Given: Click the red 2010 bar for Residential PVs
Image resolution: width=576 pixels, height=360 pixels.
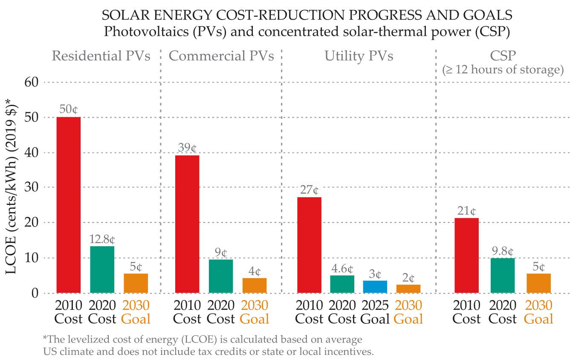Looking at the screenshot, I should pos(68,204).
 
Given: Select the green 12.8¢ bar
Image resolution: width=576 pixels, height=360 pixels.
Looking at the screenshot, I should pos(102,269).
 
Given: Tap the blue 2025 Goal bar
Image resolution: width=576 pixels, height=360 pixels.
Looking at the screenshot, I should pos(375,286).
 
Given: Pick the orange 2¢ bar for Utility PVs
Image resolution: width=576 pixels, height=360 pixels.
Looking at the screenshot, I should pos(408,288).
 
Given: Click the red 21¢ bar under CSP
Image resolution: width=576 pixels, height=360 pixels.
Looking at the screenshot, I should pos(466,256).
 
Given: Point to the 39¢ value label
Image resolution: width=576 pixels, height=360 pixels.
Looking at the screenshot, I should pos(187,148).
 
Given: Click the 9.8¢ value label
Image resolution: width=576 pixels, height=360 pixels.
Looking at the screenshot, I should pos(503,251).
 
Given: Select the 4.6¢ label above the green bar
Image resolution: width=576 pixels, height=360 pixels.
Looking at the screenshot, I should pos(342,269).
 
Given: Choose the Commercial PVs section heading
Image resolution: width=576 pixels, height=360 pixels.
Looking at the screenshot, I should pos(221,56).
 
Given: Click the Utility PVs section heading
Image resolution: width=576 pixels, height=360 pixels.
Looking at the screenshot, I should pos(359,56).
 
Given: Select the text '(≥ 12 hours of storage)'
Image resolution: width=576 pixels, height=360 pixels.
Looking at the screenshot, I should pos(503,69).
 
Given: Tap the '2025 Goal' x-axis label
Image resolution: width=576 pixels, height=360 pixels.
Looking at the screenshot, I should pos(375,312).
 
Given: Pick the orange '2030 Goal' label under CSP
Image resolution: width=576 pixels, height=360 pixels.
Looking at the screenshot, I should pos(538,312).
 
